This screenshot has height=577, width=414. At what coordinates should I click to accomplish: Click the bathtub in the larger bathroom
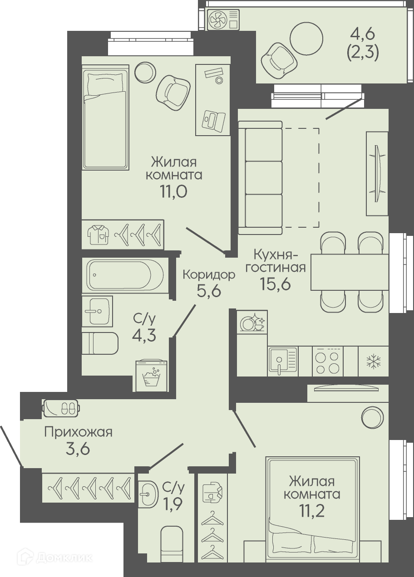click(x=126, y=274)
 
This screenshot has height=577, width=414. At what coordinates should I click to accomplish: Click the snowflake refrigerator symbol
click(x=374, y=362)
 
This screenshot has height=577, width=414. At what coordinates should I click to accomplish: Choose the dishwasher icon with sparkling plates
click(x=252, y=322)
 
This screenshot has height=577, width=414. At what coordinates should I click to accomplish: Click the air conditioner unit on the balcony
click(x=223, y=20)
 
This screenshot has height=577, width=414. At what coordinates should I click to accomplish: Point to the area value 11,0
click(x=173, y=191)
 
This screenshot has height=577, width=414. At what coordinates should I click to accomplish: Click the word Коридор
click(x=209, y=275)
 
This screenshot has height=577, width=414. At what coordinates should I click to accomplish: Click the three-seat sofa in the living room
click(x=261, y=178)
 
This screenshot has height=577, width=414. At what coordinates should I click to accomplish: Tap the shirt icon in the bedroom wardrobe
click(x=98, y=235)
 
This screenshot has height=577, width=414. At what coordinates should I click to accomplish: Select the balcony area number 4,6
click(x=362, y=35)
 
